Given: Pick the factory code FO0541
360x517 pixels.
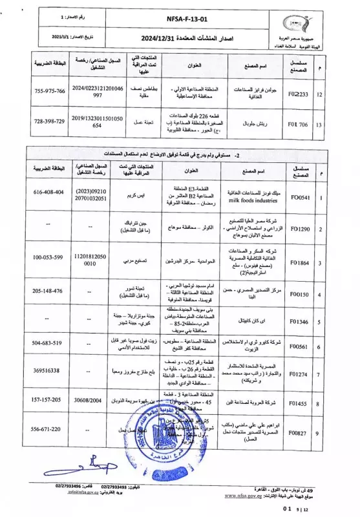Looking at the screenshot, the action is [302, 197].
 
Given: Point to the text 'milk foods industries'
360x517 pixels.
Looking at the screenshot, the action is [252, 200].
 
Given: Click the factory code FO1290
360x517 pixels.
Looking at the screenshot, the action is [302, 229].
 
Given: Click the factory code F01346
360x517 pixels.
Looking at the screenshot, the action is [302, 321].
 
